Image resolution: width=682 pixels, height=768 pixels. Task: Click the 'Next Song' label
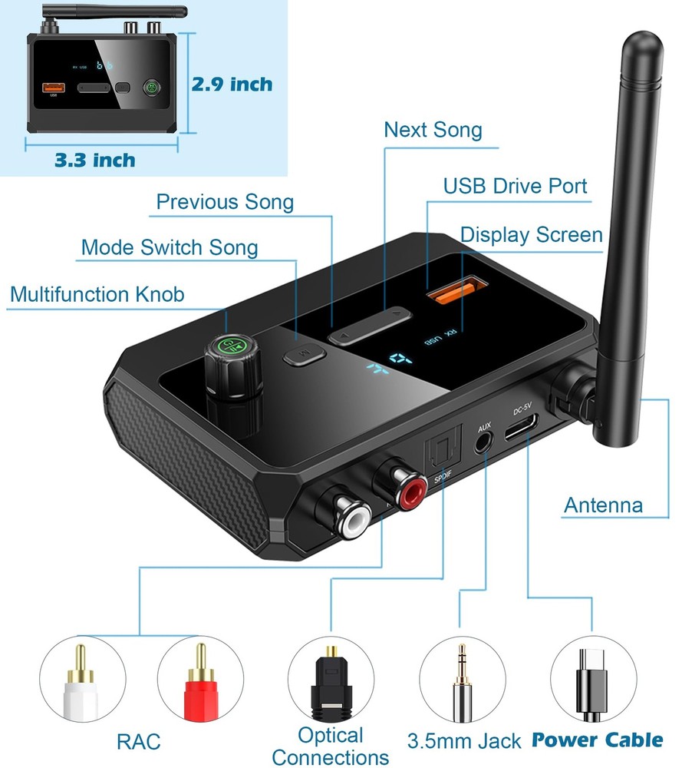433,129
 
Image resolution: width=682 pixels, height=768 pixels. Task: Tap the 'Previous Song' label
225,202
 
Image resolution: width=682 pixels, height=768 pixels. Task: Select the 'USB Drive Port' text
515,186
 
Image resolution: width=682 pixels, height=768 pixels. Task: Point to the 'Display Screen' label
531,234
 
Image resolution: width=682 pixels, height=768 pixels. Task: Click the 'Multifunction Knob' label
97,294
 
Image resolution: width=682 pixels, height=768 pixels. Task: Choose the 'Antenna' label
603,505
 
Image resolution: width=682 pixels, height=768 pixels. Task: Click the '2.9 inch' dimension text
232,84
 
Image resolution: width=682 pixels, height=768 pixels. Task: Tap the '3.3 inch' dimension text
94,160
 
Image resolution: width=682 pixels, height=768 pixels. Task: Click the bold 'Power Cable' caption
597,740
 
